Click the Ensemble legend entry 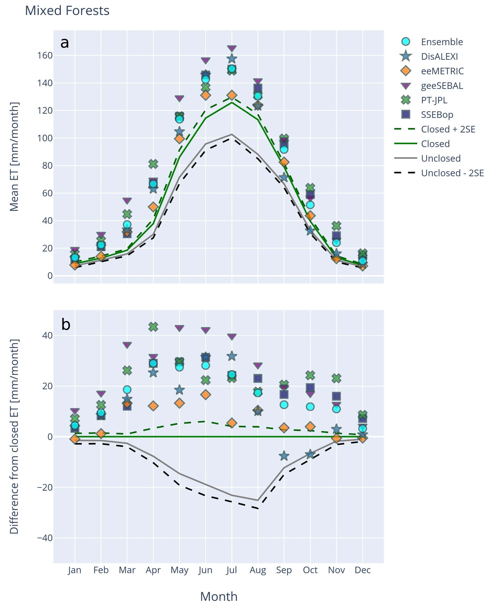(441, 42)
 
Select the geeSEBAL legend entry (441, 86)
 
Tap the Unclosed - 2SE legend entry (452, 173)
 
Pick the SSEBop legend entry (437, 115)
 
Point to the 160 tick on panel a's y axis (45, 55)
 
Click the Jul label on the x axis (232, 570)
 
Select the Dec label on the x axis (362, 570)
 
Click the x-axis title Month (219, 596)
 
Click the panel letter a (65, 43)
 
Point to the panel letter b (66, 325)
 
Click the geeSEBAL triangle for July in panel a (232, 48)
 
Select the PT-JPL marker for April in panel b (153, 327)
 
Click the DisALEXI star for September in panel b (284, 456)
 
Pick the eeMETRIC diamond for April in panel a (153, 207)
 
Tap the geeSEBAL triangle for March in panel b (127, 345)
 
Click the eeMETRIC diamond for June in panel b (205, 395)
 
